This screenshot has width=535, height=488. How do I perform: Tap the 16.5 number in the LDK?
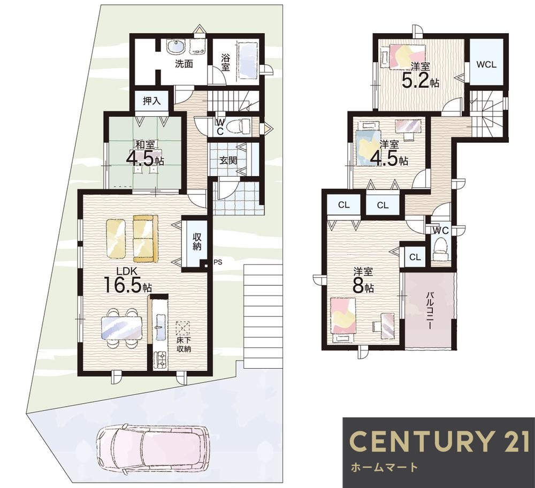[x=123, y=285]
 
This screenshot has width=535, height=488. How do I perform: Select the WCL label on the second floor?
[x=486, y=65]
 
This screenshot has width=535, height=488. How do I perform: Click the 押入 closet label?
[x=151, y=101]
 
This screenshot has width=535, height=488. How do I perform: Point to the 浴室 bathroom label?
[x=225, y=63]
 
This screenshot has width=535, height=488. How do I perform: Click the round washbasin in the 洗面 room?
[x=176, y=47]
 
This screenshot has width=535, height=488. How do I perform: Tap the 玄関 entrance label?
[x=228, y=161]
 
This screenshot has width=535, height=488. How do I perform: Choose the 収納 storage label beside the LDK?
[x=197, y=242]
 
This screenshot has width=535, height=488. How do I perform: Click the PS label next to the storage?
[x=218, y=262]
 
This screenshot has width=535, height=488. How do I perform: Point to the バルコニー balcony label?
[x=429, y=310]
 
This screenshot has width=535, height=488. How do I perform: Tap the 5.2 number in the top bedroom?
[x=415, y=81]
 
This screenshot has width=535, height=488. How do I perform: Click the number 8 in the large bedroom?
[x=357, y=287]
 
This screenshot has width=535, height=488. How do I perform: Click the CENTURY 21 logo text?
[x=439, y=441]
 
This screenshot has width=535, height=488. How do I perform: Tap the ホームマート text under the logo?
[x=385, y=467]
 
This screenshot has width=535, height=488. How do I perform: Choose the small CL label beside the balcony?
[x=415, y=257]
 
